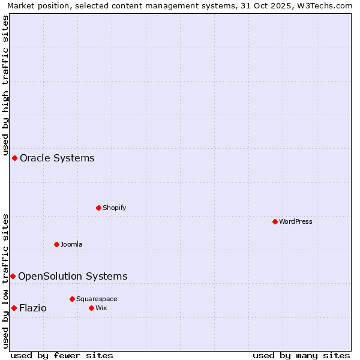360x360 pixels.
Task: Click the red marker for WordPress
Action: click(275, 221)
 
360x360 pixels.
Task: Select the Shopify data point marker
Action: click(98, 208)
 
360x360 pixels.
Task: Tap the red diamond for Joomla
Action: click(56, 244)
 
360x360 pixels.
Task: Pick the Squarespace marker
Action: click(72, 299)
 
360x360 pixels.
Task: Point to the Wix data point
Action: click(91, 308)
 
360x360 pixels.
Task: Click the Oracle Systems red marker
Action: click(14, 158)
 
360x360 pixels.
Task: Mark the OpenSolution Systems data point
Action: click(13, 276)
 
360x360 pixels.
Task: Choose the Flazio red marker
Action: click(14, 308)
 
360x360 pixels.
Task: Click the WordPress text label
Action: click(296, 221)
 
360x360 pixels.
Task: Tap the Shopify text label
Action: click(114, 208)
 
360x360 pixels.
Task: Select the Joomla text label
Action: click(71, 244)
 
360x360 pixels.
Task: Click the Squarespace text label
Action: click(97, 299)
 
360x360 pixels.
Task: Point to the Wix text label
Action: click(101, 308)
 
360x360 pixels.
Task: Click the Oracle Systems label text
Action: click(57, 158)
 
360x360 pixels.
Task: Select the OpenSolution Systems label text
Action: click(73, 276)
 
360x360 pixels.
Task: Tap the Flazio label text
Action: click(32, 308)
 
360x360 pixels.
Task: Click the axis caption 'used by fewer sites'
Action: click(62, 355)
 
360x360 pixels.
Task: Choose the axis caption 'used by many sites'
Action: click(301, 355)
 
